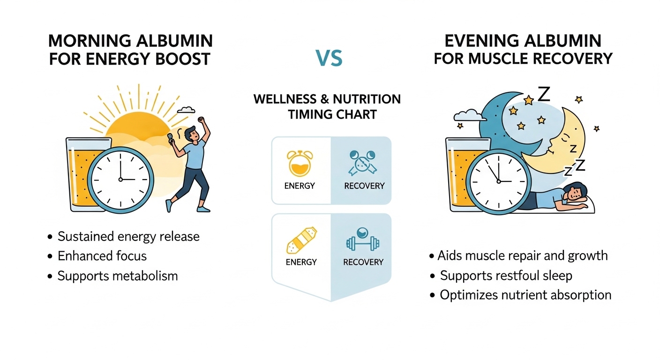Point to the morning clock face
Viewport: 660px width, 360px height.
click(x=120, y=179)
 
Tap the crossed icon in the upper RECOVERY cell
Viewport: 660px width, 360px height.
click(x=362, y=164)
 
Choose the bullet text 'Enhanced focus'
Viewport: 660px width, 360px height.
click(x=102, y=256)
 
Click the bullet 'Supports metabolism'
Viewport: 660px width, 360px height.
click(x=117, y=276)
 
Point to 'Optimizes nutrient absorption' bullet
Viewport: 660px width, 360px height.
click(x=525, y=295)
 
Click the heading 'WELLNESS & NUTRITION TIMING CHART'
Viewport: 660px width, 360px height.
click(x=327, y=107)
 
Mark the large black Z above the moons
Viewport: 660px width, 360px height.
click(x=543, y=94)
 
